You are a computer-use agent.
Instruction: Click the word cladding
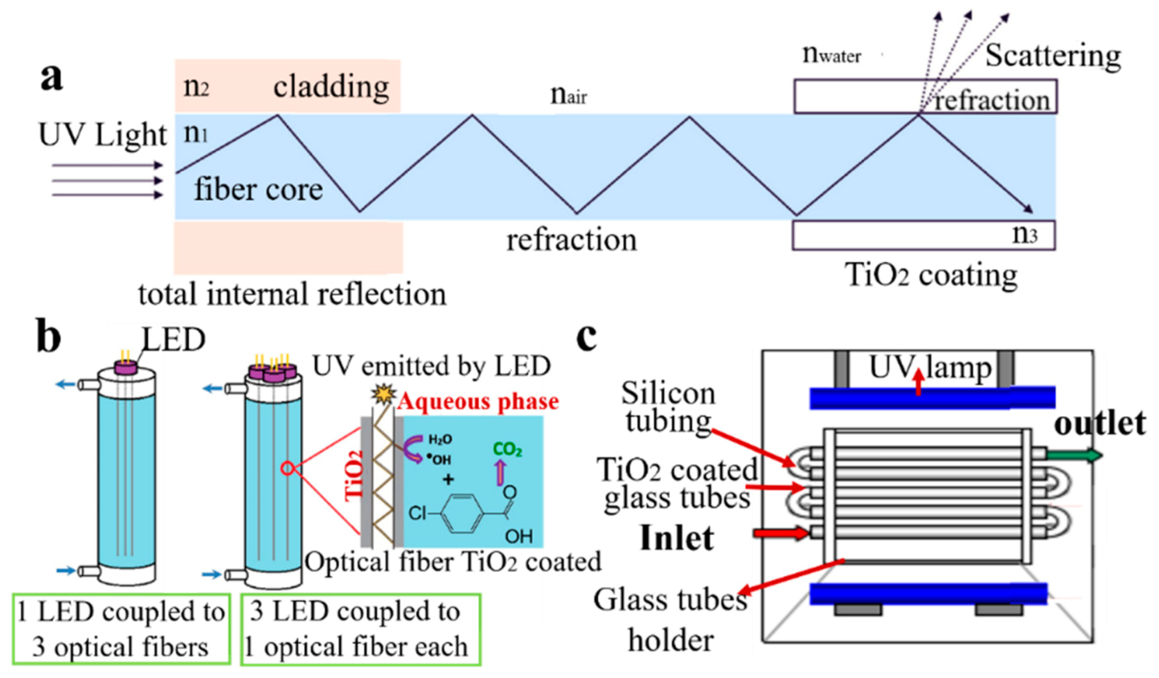point(331,87)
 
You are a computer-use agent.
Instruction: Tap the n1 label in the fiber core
point(196,134)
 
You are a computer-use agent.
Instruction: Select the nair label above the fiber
point(569,95)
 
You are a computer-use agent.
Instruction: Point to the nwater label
point(832,55)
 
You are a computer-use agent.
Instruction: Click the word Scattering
point(1053,56)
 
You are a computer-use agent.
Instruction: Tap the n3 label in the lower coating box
point(1025,234)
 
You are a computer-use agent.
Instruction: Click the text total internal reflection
point(293,294)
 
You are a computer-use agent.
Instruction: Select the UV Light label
point(102,135)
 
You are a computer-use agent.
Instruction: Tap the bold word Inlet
point(677,538)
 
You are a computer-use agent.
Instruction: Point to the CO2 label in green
point(507,449)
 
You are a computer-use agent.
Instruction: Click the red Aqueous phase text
point(478,402)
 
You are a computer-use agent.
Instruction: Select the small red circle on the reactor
point(287,469)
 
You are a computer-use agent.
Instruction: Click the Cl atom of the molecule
point(417,513)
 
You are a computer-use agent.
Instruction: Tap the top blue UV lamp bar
point(932,399)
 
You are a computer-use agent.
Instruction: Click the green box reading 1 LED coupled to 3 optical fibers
point(121,629)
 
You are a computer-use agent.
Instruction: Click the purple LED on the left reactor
point(125,368)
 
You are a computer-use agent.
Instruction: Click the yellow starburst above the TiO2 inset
point(384,394)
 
